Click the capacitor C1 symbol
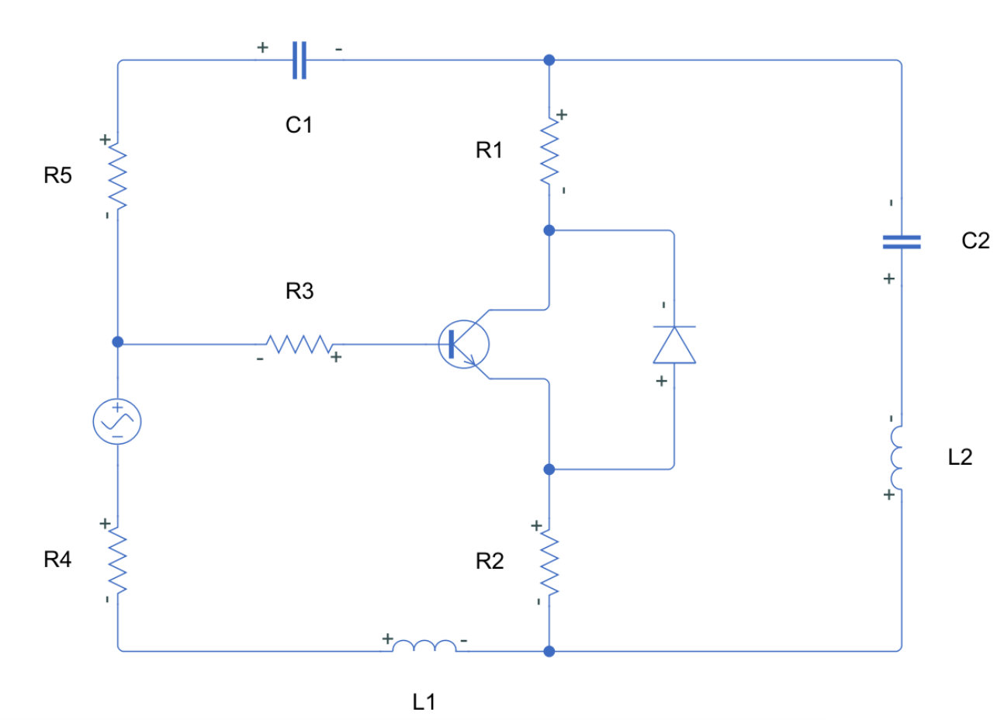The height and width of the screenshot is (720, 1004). (x=299, y=61)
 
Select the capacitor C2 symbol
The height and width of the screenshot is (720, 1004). (x=902, y=242)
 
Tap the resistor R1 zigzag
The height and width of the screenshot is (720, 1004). (x=549, y=151)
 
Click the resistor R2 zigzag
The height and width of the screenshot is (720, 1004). (x=549, y=563)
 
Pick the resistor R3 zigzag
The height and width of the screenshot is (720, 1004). (x=299, y=344)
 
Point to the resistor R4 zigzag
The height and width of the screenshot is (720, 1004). (x=118, y=561)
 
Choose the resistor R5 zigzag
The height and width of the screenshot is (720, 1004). (x=118, y=177)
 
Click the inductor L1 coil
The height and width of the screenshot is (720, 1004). (x=424, y=646)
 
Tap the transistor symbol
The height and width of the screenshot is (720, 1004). (x=465, y=344)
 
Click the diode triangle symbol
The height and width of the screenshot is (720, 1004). (x=674, y=345)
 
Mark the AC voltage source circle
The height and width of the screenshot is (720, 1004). (x=117, y=421)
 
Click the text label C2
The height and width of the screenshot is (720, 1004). (x=975, y=241)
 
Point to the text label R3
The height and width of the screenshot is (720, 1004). (x=299, y=291)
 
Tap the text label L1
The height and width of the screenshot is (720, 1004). (x=424, y=702)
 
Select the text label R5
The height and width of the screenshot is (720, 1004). (x=57, y=176)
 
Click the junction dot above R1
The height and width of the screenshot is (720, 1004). (x=549, y=61)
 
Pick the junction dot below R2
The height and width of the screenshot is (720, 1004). (x=549, y=651)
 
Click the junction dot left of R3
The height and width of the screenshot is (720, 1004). (x=118, y=341)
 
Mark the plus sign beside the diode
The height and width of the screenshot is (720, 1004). (x=661, y=381)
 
